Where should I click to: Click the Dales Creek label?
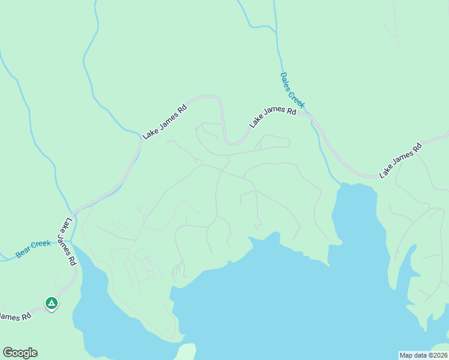(x=292, y=91)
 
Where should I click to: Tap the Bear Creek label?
(x=33, y=248)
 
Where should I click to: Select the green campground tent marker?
(x=52, y=304)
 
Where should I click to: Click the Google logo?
(x=20, y=353)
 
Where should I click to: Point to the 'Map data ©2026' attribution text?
(x=423, y=355)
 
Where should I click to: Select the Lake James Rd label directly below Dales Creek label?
(x=273, y=117)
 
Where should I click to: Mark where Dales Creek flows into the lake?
(x=340, y=184)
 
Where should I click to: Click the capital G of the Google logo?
(x=8, y=353)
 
